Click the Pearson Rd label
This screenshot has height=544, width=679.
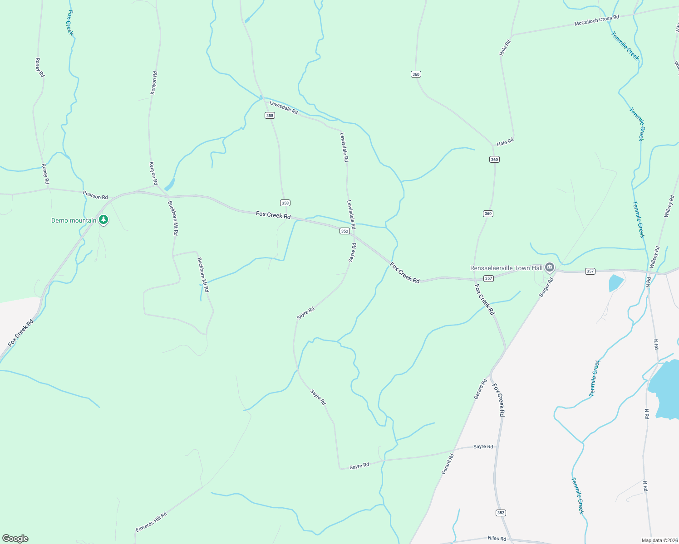pos(95,195)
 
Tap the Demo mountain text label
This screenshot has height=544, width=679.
pos(74,221)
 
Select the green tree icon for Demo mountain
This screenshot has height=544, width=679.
pos(103,220)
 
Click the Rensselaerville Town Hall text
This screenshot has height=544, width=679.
pos(506,268)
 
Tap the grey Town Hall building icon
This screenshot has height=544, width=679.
pos(550,267)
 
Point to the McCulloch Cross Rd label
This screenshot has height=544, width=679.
pos(596,20)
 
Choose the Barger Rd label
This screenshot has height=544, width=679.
pos(546,287)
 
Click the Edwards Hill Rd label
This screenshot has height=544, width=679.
pos(151,522)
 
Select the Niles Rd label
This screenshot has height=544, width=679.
pos(497,538)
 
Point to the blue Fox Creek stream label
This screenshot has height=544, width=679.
pos(70,23)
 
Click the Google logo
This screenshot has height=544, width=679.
pos(15,539)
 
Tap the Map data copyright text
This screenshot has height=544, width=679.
pos(659,540)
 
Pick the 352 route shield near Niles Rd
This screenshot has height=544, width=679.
pos(501,513)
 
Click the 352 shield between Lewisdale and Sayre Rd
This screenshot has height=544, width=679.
pos(344,231)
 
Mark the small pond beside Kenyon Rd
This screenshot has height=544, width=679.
pos(169,185)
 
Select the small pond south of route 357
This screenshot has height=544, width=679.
pos(616,282)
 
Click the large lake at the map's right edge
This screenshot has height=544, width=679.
pos(665,381)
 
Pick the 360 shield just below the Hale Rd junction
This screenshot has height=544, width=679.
pos(494,159)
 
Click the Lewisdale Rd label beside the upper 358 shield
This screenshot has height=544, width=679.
pos(284,107)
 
